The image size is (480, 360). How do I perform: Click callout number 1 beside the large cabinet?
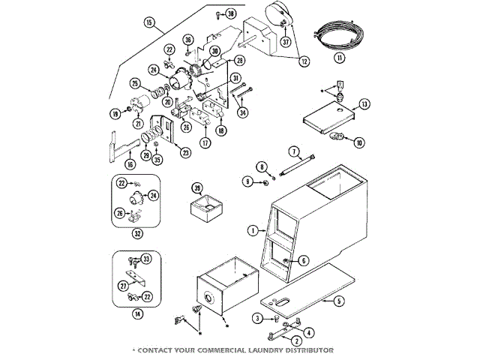coord(253,229)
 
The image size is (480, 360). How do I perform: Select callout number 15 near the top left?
coord(150,23)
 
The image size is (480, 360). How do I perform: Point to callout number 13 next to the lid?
coord(364,103)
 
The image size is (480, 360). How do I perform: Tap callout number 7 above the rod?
coord(294,151)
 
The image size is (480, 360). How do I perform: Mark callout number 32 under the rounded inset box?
coord(138,232)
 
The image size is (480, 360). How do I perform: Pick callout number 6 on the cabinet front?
coord(303,260)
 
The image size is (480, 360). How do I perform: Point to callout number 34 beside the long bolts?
coord(242,112)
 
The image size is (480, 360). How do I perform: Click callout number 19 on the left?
coord(115,113)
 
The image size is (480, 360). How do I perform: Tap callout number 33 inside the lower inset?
coord(146,259)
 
